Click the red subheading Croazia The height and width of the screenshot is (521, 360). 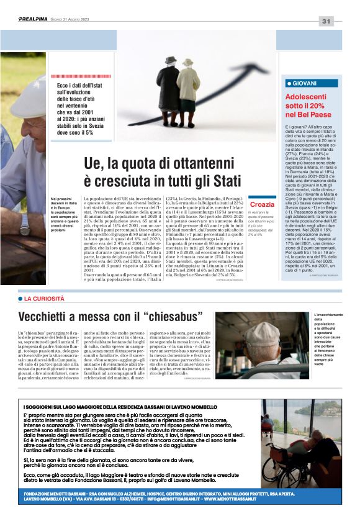click(261, 204)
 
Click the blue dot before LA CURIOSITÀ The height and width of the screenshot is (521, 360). click(20, 299)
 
